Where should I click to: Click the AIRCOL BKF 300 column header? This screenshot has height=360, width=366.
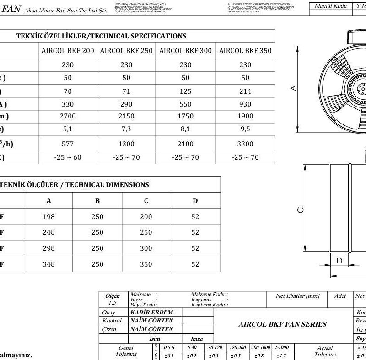tap(186, 51)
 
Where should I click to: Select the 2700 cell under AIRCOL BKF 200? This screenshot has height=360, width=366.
tap(68, 117)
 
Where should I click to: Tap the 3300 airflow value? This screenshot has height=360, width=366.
tap(245, 144)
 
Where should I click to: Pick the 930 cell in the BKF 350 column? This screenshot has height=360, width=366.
tap(245, 104)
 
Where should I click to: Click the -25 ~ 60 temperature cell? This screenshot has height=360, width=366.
tap(68, 157)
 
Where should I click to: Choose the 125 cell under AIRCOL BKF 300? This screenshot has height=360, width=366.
tap(186, 91)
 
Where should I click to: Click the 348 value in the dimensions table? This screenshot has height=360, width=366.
tap(48, 264)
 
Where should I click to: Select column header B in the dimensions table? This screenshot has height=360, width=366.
tap(97, 200)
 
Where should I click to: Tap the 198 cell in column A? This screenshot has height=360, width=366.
tap(48, 217)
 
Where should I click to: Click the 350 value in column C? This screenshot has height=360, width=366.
tap(146, 264)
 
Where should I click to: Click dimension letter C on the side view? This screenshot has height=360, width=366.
tap(300, 210)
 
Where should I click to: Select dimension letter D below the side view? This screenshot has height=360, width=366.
tap(339, 261)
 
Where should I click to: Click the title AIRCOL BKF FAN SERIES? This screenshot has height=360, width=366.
tap(282, 324)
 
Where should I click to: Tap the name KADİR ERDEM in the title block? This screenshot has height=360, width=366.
tap(151, 312)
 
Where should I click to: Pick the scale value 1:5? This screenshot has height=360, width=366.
tap(112, 302)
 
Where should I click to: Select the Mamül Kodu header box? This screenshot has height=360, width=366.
tap(331, 6)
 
